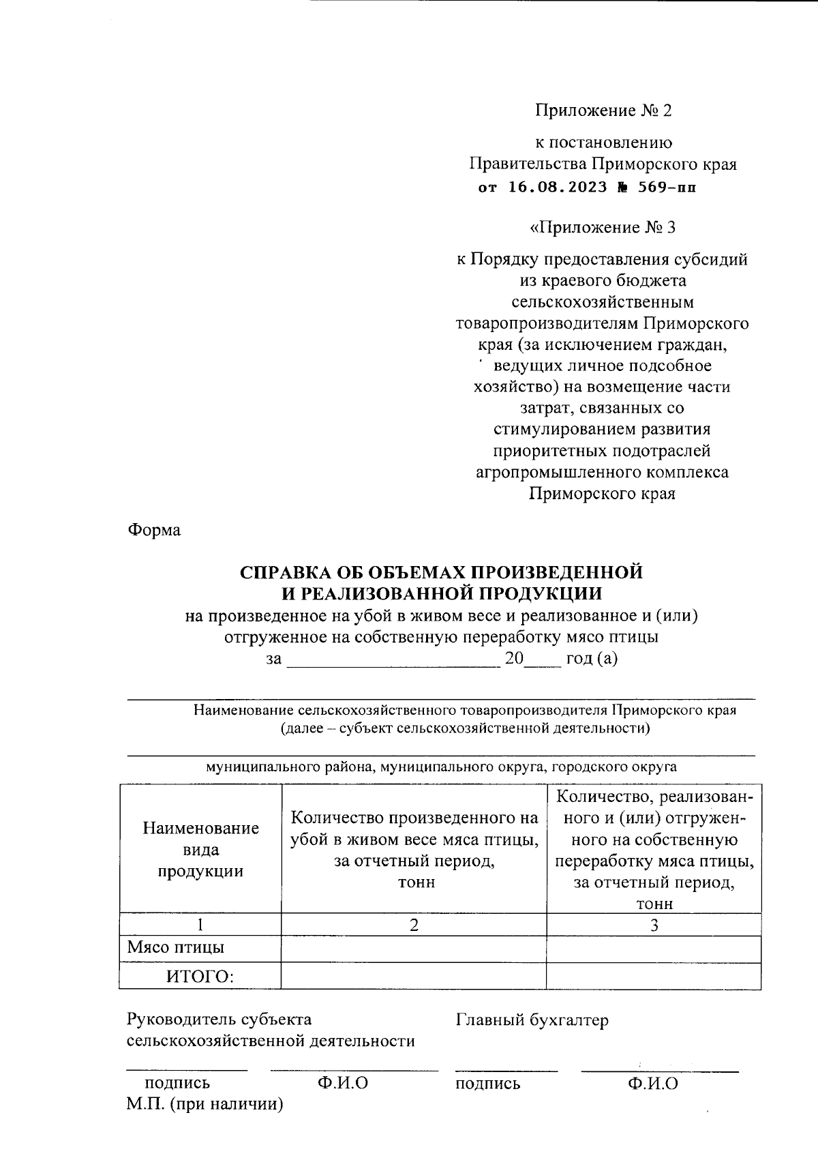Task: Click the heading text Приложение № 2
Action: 603,110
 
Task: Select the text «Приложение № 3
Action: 603,227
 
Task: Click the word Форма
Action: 154,530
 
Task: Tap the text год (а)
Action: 592,659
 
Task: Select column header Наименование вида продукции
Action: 200,849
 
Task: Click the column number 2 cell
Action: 414,925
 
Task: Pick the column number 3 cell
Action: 654,925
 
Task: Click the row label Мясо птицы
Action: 176,947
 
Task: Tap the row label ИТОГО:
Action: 200,977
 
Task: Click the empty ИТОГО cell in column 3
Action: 654,976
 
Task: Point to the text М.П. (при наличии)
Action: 204,1104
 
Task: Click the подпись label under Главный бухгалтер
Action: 487,1083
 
